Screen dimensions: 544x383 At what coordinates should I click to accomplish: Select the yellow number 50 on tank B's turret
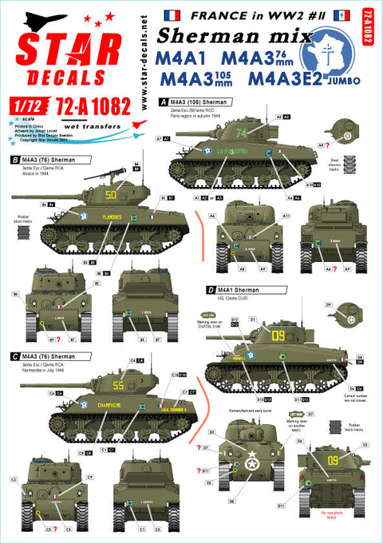[x=112, y=193]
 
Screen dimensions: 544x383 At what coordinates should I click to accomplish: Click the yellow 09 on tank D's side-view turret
[x=277, y=333]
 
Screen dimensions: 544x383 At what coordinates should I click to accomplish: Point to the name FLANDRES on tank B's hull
[x=117, y=215]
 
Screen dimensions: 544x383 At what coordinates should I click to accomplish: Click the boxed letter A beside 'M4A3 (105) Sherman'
[x=164, y=102]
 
